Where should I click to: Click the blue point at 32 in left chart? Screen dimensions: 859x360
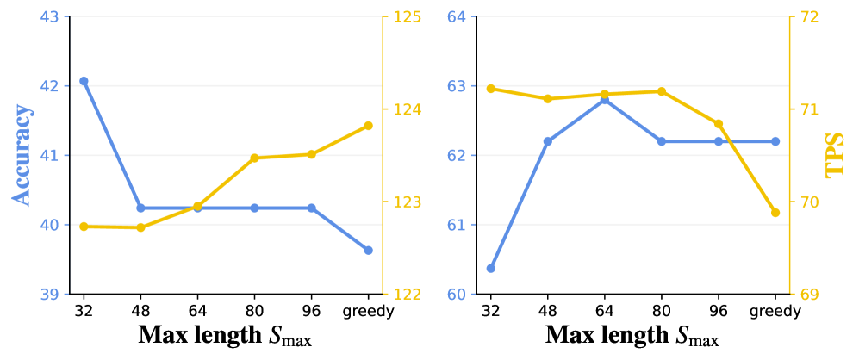(x=84, y=81)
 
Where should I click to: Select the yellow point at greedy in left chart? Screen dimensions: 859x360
(x=368, y=126)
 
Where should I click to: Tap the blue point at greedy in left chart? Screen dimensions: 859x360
(x=368, y=251)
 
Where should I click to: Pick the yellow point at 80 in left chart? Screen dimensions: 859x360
(x=254, y=158)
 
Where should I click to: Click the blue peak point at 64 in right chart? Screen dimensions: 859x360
(x=604, y=100)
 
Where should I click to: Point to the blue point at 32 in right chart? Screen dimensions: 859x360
(x=491, y=269)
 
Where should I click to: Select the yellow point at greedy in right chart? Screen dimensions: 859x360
(x=775, y=213)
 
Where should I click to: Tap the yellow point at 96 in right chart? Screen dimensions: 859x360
(x=719, y=124)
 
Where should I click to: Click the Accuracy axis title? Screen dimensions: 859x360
(x=22, y=156)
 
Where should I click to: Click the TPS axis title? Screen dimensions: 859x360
(x=837, y=156)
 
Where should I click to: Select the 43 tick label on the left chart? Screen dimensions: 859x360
(x=49, y=17)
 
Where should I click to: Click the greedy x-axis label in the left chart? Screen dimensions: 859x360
(x=368, y=313)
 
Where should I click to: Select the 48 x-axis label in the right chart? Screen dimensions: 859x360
(x=547, y=313)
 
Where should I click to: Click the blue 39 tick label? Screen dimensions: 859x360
(x=49, y=295)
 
